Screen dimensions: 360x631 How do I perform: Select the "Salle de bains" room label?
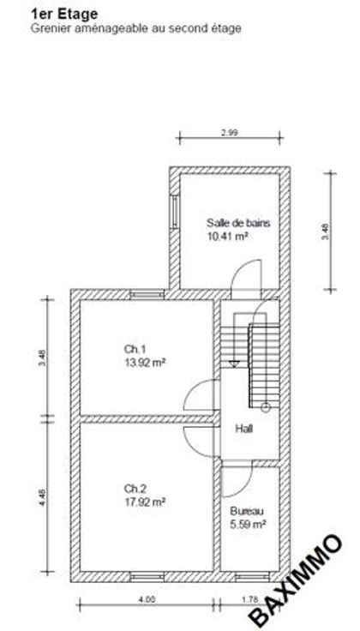click(238, 223)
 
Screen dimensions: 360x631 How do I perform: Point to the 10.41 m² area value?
click(227, 237)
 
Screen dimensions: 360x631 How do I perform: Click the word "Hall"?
click(244, 429)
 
